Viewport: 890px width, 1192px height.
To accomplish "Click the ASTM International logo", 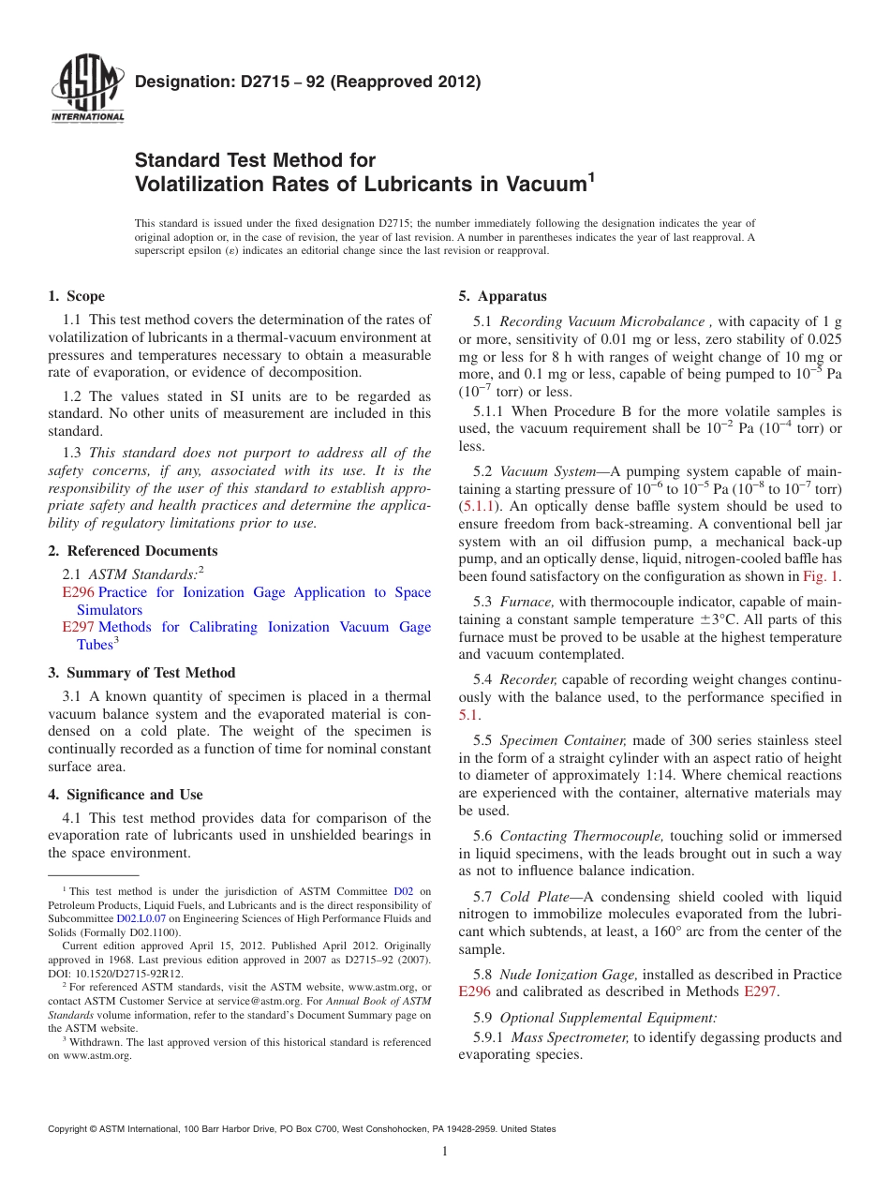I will tap(86, 90).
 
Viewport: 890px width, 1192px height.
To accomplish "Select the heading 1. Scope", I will tap(77, 296).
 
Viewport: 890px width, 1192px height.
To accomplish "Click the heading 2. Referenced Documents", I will tap(133, 551).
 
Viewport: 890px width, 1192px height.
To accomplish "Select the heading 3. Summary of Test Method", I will tap(141, 673).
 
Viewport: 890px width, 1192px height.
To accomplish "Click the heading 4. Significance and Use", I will tap(126, 795).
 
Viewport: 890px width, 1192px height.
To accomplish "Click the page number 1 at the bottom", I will tap(445, 1152).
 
